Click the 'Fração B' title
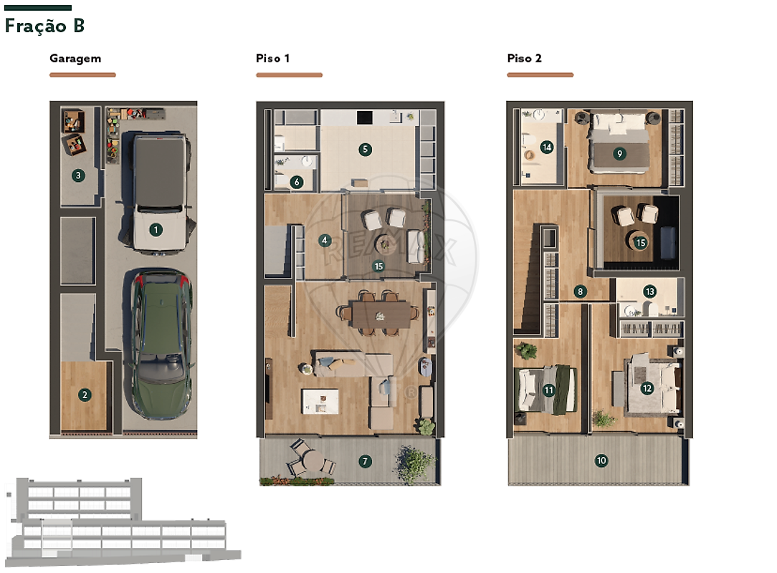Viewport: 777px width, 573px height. click(x=44, y=26)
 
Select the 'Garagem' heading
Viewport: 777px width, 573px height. click(x=75, y=59)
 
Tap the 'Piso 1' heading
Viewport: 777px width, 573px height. click(x=272, y=58)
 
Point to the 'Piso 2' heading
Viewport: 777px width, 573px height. click(x=524, y=58)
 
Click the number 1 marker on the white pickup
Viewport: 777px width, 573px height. click(x=156, y=229)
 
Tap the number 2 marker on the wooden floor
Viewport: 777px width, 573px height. click(x=85, y=395)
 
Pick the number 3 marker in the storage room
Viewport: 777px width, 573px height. click(x=78, y=175)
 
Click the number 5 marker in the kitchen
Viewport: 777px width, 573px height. click(x=366, y=149)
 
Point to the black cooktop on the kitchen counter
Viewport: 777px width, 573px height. click(x=364, y=117)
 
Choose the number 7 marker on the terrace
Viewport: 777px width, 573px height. click(x=366, y=461)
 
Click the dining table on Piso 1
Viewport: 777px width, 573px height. click(x=381, y=314)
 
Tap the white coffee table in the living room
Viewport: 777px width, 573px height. click(x=320, y=400)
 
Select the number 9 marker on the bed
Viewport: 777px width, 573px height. click(x=619, y=153)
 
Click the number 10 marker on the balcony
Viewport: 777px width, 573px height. click(x=601, y=461)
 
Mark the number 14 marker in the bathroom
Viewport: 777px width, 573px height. click(x=547, y=147)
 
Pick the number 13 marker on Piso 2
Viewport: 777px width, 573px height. click(x=649, y=292)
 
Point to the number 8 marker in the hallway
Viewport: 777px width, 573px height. click(x=581, y=292)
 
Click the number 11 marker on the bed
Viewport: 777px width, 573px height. click(x=548, y=390)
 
